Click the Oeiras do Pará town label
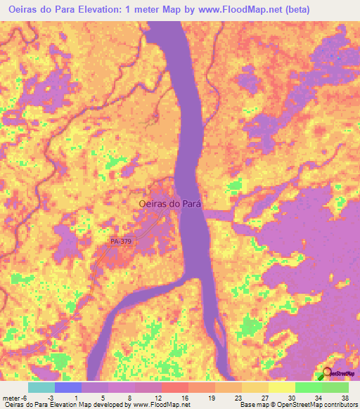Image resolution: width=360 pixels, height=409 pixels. click(170, 203)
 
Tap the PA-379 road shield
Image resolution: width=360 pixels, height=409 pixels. click(121, 241)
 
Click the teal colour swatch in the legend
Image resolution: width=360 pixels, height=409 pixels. click(41, 387)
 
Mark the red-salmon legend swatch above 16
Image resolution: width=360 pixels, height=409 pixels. click(175, 387)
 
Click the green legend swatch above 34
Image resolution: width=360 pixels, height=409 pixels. click(309, 387)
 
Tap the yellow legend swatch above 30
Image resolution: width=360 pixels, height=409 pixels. click(282, 387)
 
